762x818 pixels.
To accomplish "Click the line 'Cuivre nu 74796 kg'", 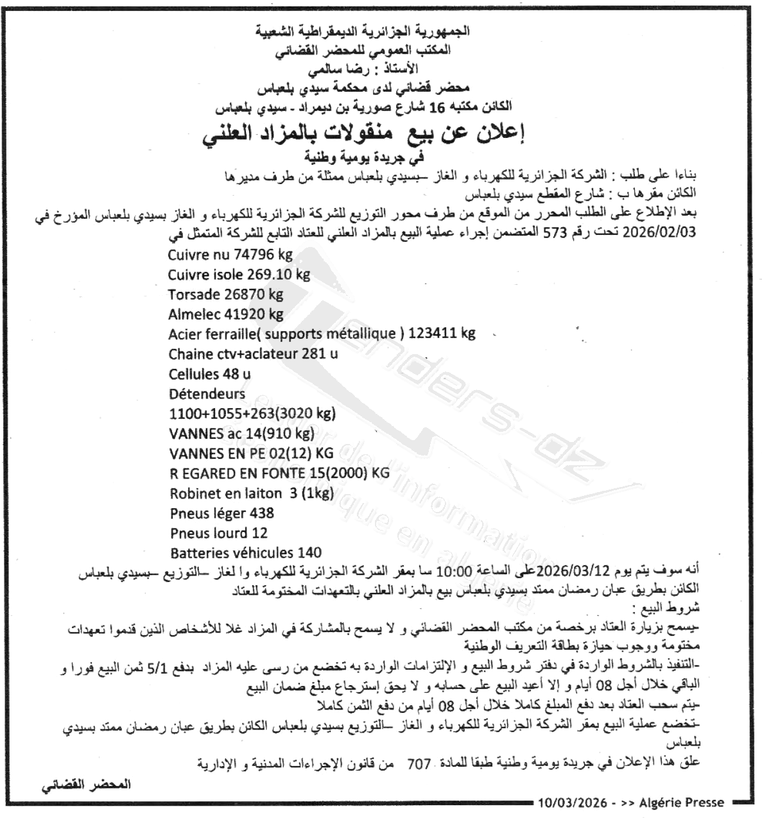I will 230,255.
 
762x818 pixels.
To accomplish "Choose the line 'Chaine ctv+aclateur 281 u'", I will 253,354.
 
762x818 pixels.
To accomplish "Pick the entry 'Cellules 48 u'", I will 209,374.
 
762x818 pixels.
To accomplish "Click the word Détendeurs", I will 207,394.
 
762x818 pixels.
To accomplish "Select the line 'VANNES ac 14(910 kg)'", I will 241,434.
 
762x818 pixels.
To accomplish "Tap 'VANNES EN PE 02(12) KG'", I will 251,454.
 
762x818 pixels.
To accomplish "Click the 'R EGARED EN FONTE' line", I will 279,473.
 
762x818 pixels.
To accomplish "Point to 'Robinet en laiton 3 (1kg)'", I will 252,493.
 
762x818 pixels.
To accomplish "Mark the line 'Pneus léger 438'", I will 221,513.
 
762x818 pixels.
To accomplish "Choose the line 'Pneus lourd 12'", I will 218,533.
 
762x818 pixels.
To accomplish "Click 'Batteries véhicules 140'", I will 246,553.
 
